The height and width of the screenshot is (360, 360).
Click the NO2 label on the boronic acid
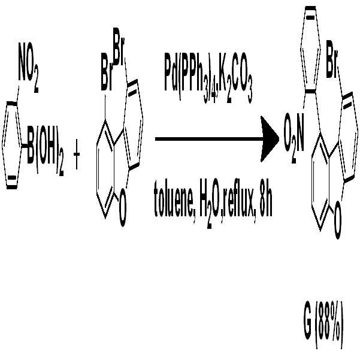point(29,68)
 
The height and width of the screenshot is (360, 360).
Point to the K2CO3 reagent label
point(236,78)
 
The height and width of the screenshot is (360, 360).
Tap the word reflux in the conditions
point(240,203)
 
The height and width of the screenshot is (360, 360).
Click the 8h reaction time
point(266,203)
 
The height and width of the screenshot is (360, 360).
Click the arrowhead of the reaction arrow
point(270,139)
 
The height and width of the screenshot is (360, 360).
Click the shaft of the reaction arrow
point(208,139)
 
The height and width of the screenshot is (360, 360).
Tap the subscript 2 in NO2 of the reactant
point(36,86)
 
